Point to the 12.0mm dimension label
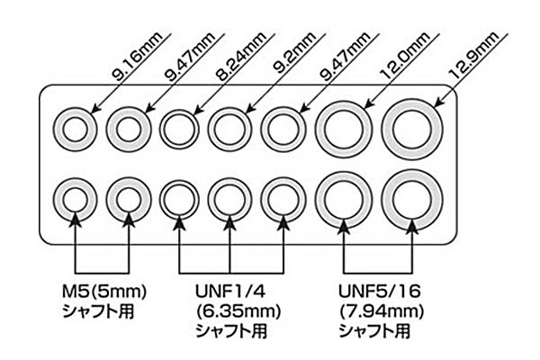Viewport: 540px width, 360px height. coord(405,56)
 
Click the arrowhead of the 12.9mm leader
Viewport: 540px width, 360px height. coord(438,103)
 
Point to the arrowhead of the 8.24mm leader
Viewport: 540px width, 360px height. coord(198,111)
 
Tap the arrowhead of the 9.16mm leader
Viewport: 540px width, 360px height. coord(94,110)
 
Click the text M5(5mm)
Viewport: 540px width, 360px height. coord(104,292)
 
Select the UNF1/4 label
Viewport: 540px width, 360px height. coord(230,292)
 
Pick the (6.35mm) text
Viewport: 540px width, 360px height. coord(238,311)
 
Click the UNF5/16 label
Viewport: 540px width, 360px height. coord(380,292)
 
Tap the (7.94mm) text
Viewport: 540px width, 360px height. coord(382,311)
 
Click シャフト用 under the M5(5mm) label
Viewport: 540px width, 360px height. coord(98,311)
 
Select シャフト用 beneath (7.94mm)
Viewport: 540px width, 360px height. coord(374,331)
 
